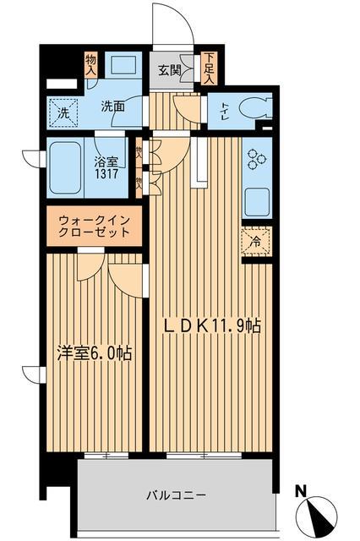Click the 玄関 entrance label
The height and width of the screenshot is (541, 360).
pyautogui.click(x=172, y=71)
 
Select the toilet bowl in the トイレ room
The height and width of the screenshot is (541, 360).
pyautogui.click(x=254, y=108)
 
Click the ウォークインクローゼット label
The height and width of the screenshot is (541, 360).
pyautogui.click(x=94, y=226)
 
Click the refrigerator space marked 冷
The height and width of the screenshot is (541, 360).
pyautogui.click(x=256, y=240)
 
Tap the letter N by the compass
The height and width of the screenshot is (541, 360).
pyautogui.click(x=301, y=490)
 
